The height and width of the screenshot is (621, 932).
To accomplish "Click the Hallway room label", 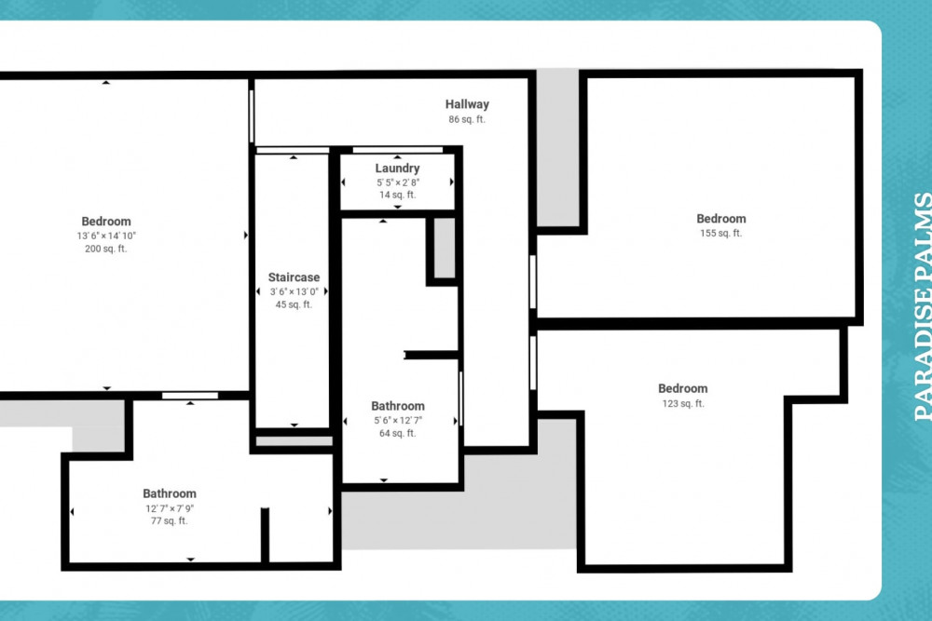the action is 467,104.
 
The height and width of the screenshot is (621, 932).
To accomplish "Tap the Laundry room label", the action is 397,169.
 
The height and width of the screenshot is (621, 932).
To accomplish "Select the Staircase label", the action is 294,277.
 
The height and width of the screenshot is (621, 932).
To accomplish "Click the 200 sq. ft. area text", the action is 106,249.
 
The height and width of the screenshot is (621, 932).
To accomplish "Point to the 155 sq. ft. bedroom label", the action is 721,219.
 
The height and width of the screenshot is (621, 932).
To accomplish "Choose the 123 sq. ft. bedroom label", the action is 683,389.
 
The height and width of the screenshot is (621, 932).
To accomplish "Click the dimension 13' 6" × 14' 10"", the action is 106,236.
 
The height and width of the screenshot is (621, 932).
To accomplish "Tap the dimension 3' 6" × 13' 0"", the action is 295,291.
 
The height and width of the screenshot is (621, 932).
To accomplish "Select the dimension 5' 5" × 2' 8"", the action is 398,182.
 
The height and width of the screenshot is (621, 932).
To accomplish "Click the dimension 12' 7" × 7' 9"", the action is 170,508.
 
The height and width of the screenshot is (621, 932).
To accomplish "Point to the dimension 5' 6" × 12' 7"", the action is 398,420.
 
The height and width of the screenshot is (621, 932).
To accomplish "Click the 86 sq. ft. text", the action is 467,119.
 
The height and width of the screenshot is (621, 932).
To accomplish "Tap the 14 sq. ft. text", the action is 398,195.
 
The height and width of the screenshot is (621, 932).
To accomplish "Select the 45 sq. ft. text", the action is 294,304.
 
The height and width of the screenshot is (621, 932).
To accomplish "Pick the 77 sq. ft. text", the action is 169,520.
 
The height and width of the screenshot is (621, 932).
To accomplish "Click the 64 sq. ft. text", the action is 398,433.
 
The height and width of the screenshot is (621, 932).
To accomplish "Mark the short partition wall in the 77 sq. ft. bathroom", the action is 265,534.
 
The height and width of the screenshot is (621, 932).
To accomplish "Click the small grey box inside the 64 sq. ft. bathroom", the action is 445,248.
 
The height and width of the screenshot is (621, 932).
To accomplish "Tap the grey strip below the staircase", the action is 294,441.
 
